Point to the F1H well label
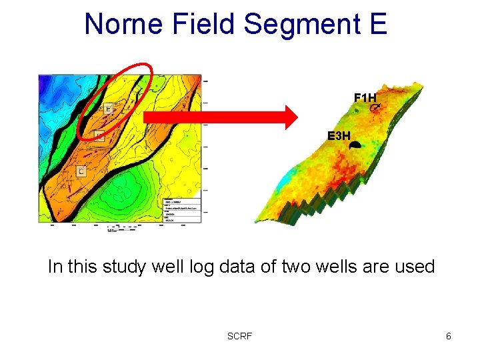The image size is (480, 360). point(365,97)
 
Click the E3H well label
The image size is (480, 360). point(338,136)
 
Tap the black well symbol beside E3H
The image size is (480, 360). point(355,144)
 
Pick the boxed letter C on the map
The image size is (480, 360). point(81,171)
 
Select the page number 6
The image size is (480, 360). point(449,336)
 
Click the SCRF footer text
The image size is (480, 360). point(239,336)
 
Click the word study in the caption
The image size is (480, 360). point(125,267)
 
